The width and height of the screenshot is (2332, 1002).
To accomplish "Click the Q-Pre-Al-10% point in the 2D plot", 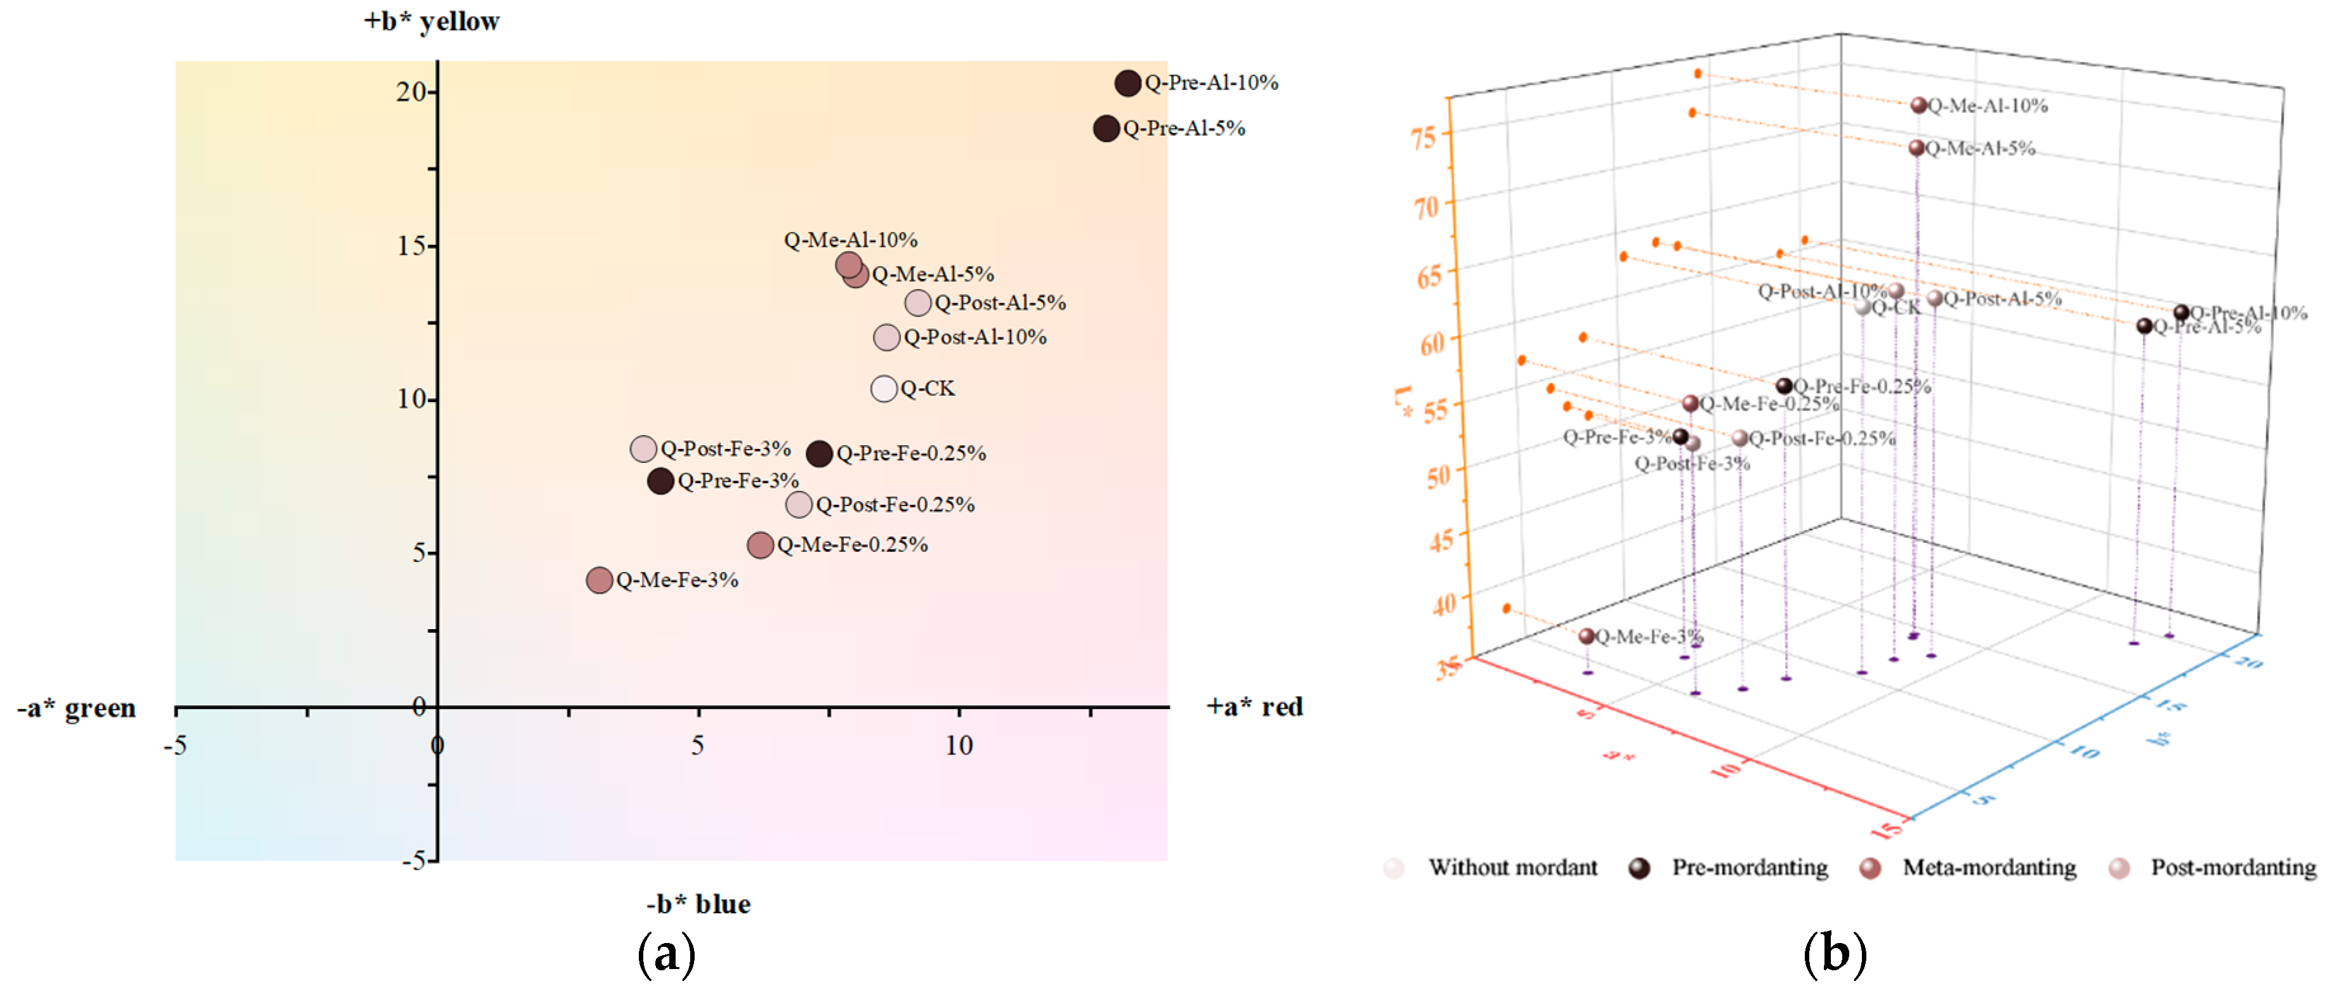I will [x=1127, y=83].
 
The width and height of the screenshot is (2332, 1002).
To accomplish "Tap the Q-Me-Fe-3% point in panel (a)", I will [x=598, y=580].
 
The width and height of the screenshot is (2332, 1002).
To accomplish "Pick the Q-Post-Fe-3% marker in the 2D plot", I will [x=643, y=448].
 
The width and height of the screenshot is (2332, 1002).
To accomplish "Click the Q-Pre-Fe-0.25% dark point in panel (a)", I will [x=819, y=453].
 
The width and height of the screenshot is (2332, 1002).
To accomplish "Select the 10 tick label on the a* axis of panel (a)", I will [x=959, y=745].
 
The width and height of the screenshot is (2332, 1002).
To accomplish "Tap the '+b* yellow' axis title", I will [x=432, y=21].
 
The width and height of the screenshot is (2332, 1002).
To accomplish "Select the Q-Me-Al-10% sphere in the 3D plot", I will [x=1918, y=105].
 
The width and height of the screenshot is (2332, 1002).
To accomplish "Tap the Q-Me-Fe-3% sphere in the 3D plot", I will [x=1586, y=636].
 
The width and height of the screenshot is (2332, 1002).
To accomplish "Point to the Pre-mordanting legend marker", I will [x=1639, y=868].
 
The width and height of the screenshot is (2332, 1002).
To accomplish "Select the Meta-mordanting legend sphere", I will [x=1870, y=868].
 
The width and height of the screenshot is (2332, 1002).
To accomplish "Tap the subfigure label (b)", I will [x=1834, y=953].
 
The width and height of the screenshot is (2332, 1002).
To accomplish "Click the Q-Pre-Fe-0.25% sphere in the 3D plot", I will [x=1783, y=386].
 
